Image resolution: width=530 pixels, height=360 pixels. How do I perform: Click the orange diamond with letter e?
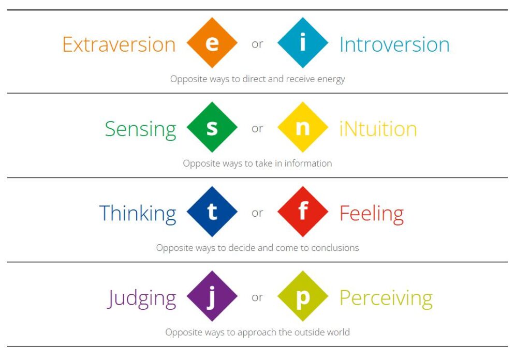212,42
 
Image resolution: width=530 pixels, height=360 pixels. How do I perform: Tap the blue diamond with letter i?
303,42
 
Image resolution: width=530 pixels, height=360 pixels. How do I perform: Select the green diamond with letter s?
212,127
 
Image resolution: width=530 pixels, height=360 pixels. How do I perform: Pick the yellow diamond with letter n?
303,127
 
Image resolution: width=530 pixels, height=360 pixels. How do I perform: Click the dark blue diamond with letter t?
212,212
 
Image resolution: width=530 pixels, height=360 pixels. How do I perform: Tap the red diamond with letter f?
303,212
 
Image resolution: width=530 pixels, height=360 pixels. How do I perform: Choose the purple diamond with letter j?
212,296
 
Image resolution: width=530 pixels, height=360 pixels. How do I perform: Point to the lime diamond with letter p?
303,296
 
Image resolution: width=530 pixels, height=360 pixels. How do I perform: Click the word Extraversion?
119,44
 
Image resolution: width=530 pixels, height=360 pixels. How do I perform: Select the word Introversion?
394,44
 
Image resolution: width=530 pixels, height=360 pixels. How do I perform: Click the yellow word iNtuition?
378,129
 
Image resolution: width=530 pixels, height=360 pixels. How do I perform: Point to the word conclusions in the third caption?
335,248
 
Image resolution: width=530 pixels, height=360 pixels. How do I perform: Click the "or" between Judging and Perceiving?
257,297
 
